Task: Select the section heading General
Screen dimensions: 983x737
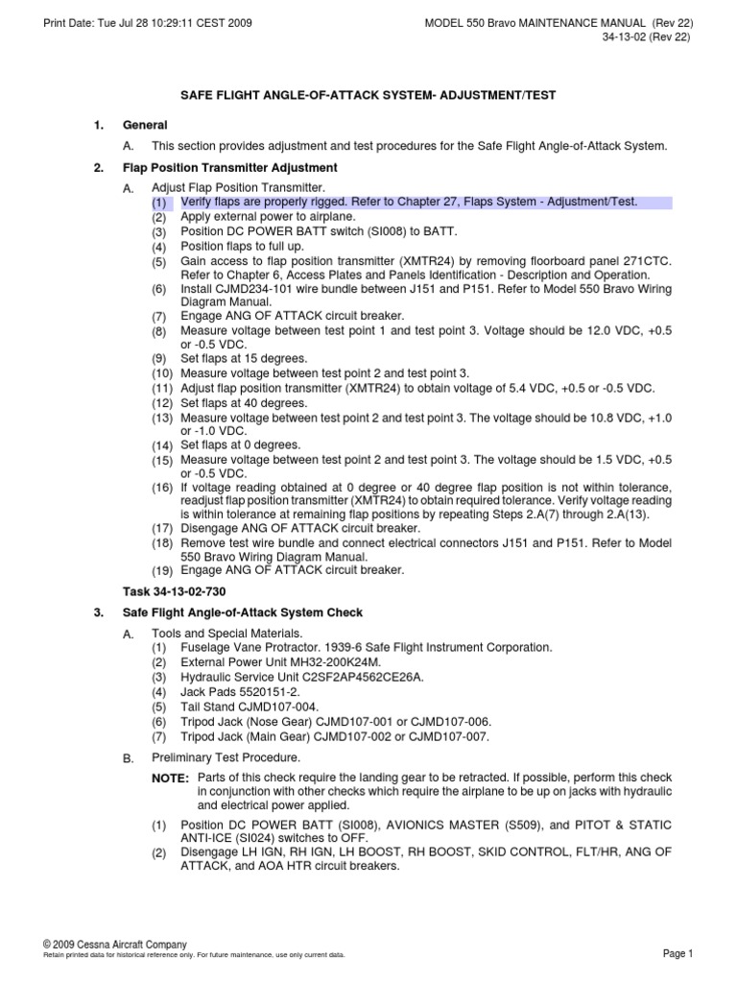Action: click(145, 125)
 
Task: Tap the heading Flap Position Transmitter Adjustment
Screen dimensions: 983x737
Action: click(229, 167)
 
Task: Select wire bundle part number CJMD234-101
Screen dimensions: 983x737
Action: click(252, 289)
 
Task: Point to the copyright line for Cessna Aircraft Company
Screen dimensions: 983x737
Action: click(116, 945)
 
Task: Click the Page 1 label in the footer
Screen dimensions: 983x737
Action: click(678, 953)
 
